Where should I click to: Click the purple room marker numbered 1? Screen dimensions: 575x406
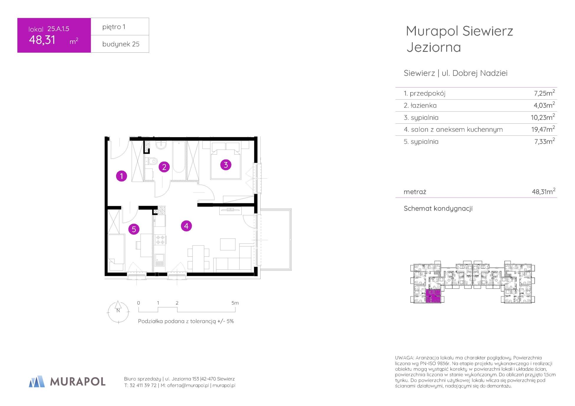pos(121,176)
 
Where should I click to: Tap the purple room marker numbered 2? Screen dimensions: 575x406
pos(164,167)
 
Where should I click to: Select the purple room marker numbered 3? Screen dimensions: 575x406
pos(226,165)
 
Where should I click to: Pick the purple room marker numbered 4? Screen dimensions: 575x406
pos(186,226)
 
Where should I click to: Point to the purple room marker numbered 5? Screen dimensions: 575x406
pos(134,229)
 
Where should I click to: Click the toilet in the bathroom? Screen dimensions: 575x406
pos(151,161)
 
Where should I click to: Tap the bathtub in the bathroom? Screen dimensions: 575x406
pos(179,157)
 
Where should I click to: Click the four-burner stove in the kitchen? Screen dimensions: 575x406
pos(160,240)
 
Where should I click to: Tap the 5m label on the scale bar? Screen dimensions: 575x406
pos(235,303)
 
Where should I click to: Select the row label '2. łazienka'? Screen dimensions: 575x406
pos(420,105)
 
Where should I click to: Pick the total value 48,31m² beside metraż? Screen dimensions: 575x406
pos(543,191)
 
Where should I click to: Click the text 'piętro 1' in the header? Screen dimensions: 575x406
pos(114,27)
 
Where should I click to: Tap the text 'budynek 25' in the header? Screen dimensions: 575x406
pos(121,44)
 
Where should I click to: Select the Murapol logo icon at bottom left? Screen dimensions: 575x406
pos(37,381)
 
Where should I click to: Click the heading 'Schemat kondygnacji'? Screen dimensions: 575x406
pos(438,208)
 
